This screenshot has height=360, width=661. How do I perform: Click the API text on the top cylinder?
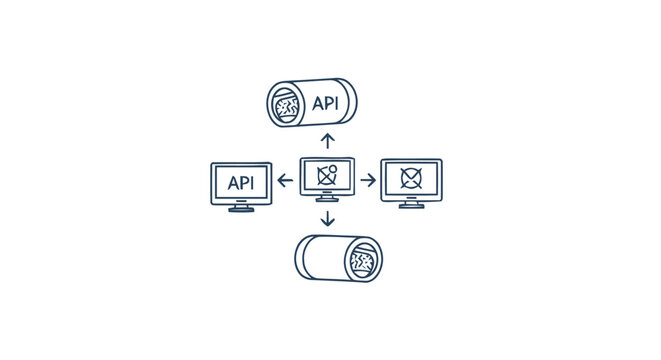click(325, 103)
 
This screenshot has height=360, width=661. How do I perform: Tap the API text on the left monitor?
click(241, 183)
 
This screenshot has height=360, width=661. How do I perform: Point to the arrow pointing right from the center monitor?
click(368, 180)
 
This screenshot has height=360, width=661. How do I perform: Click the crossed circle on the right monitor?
click(411, 178)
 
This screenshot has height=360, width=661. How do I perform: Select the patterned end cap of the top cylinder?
click(286, 104)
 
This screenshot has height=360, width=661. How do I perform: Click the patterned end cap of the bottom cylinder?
click(362, 261)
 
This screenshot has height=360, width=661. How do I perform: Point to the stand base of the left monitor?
click(241, 209)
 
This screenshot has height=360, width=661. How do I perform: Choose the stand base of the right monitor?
click(411, 206)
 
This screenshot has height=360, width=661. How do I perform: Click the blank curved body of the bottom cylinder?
click(322, 257)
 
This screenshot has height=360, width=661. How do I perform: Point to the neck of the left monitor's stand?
click(241, 204)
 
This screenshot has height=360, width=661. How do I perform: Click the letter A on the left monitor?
click(232, 183)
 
